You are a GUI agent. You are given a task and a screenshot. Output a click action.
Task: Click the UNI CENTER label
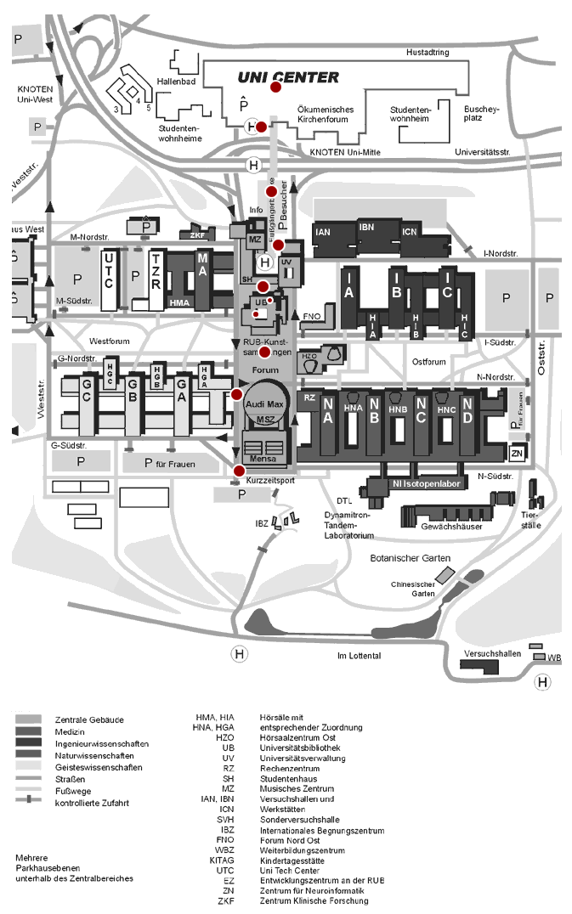pyautogui.click(x=288, y=77)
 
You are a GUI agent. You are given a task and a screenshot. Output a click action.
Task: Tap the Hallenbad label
pyautogui.click(x=178, y=82)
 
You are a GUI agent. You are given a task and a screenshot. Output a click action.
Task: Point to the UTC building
pyautogui.click(x=108, y=279)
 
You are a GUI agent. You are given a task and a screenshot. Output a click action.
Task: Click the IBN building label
pyautogui.click(x=366, y=227)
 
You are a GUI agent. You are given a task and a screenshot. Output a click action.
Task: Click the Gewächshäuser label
pyautogui.click(x=451, y=527)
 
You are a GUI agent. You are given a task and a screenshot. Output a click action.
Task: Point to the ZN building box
pyautogui.click(x=517, y=453)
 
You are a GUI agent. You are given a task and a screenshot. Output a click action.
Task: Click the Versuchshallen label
pyautogui.click(x=492, y=655)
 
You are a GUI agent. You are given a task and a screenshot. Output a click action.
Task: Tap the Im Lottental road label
pyautogui.click(x=359, y=656)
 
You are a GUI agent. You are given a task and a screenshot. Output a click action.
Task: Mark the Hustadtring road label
pyautogui.click(x=428, y=53)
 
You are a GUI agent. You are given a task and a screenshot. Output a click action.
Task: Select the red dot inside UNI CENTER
pyautogui.click(x=276, y=87)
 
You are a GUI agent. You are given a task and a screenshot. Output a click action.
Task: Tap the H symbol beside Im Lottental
pyautogui.click(x=241, y=654)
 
